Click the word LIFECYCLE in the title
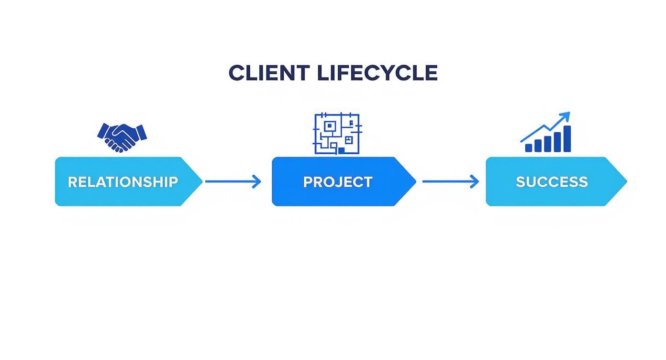pos(377,73)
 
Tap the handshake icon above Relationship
pos(122,136)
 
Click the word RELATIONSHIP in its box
pos(122,182)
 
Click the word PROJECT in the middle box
pos(338,182)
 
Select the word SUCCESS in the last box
pos(552,182)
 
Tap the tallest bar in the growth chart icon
pos(567,139)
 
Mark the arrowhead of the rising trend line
pos(566,115)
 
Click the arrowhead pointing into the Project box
pos(258,181)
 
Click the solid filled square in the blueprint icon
pos(342,150)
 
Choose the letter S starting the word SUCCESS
pos(521,182)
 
